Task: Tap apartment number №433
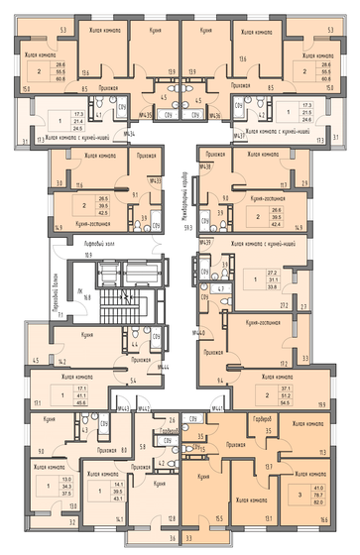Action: (155, 179)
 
